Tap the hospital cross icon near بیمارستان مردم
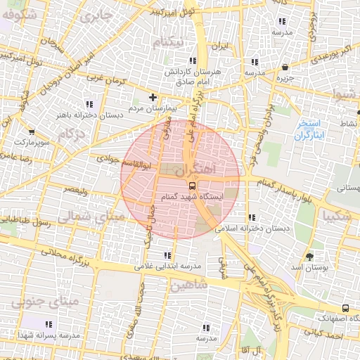tap(153, 96)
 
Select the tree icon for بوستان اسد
tap(310, 257)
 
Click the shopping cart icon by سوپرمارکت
tap(32, 131)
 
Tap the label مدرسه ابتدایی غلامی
tap(167, 266)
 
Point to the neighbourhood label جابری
tap(96, 13)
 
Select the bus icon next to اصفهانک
tap(345, 308)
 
